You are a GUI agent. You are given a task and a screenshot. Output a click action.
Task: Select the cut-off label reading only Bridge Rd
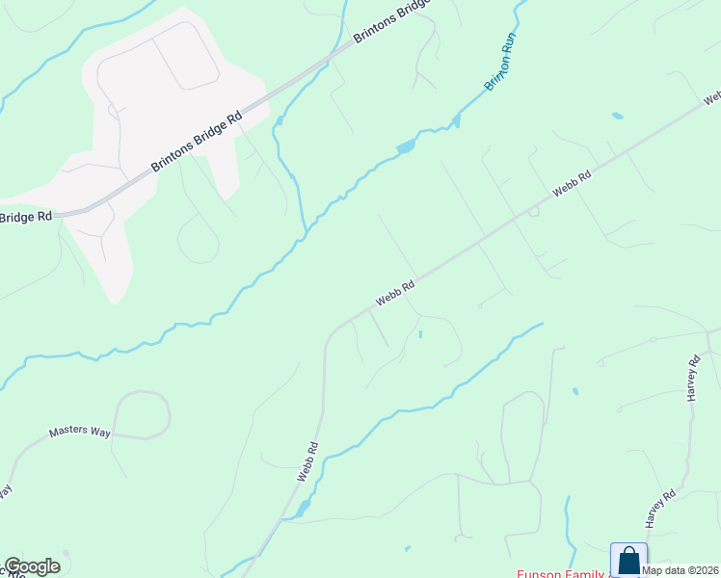click(26, 218)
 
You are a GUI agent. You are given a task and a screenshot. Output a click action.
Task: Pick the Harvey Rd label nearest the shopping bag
click(661, 508)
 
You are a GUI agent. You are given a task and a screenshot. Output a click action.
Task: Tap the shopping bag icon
click(628, 560)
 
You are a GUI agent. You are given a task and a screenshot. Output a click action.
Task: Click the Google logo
click(32, 566)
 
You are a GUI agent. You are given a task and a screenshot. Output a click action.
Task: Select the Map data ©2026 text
click(680, 569)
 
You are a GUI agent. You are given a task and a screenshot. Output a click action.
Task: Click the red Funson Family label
click(559, 573)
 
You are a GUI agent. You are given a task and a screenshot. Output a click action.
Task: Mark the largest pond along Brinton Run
click(406, 147)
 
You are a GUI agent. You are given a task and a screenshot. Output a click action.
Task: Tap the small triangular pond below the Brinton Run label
click(456, 120)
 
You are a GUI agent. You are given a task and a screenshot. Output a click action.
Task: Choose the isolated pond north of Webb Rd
click(617, 117)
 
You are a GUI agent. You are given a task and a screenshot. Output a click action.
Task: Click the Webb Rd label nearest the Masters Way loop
click(307, 462)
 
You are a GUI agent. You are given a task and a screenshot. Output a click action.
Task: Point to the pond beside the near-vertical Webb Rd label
click(303, 508)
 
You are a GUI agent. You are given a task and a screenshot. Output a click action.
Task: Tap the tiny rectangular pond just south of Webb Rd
click(420, 334)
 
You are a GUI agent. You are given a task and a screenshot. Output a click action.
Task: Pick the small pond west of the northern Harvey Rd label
click(575, 391)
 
